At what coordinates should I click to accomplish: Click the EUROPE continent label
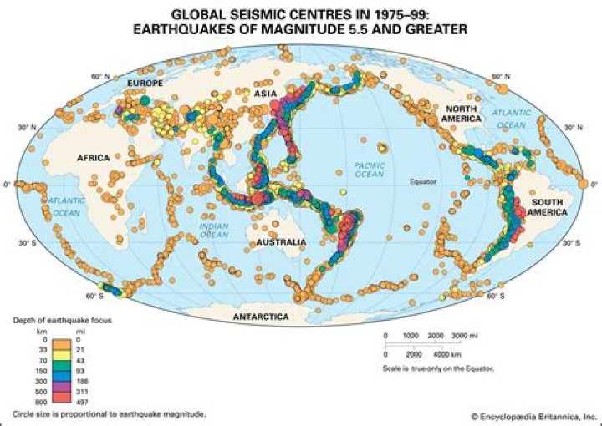144,84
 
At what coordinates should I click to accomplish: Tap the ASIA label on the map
266,96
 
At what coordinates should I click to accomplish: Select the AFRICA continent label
93,157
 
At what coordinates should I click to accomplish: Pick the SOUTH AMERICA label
543,206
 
